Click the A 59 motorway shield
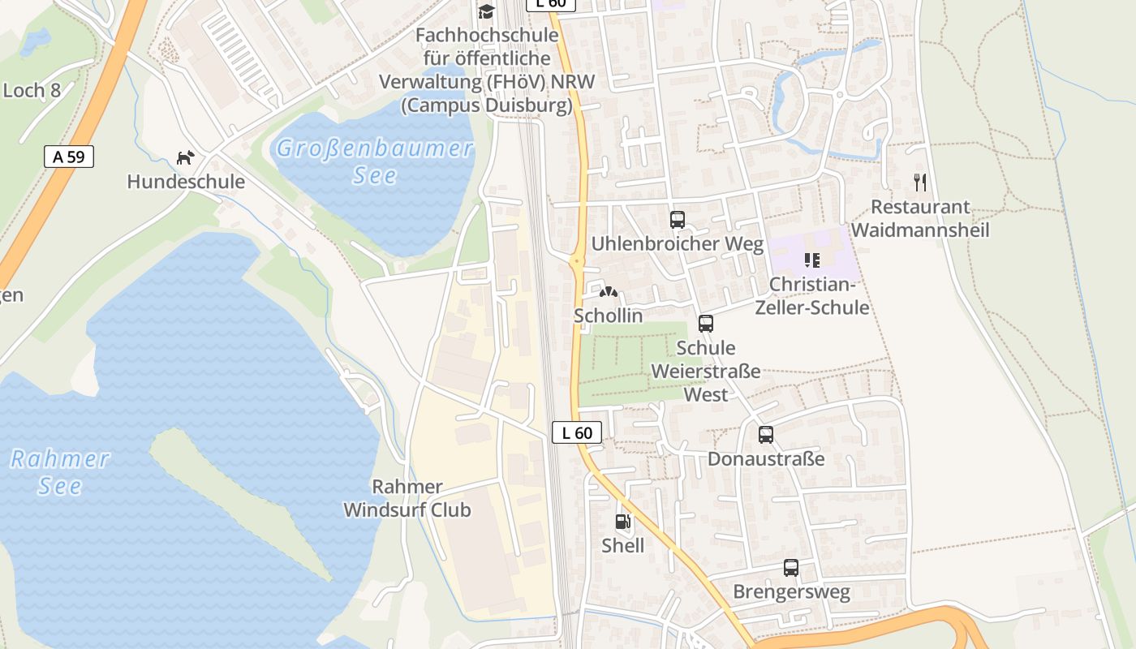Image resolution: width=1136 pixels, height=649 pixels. [x=69, y=157]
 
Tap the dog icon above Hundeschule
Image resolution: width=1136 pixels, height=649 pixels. [x=186, y=157]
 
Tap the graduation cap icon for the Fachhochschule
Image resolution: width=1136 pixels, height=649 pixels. [x=486, y=11]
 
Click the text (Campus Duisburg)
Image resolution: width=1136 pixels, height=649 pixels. [x=487, y=105]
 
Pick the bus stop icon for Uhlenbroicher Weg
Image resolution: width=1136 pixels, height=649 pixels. [x=678, y=219]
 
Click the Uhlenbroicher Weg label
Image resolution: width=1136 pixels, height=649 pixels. [x=678, y=244]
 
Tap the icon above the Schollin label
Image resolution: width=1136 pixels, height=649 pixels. [x=608, y=290]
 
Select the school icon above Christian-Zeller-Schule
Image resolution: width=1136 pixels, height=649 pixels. [x=811, y=260]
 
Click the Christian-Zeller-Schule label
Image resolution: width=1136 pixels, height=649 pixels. [x=812, y=296]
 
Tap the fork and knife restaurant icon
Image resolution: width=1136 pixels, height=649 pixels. [x=919, y=182]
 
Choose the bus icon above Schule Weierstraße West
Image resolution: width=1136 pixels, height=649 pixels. [x=706, y=324]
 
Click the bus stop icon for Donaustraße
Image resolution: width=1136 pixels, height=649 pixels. [x=766, y=435]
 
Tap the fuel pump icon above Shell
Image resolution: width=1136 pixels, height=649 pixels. [x=622, y=522]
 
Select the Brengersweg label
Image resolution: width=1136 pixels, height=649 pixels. [x=791, y=592]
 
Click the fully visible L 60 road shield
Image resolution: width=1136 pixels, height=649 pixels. [x=577, y=432]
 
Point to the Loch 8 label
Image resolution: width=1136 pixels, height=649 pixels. [x=32, y=90]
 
